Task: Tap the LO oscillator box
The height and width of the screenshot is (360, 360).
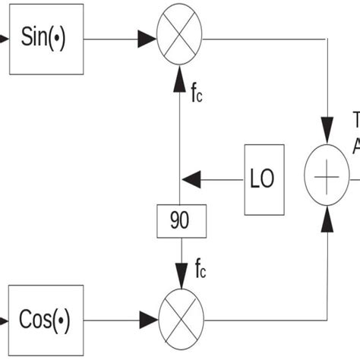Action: [264, 180]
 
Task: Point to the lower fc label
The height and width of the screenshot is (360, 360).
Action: [201, 267]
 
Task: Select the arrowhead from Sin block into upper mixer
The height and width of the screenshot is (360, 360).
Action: [147, 38]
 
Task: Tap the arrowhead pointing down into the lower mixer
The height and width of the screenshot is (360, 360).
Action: [181, 279]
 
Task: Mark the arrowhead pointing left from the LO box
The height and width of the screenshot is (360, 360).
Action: [191, 180]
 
